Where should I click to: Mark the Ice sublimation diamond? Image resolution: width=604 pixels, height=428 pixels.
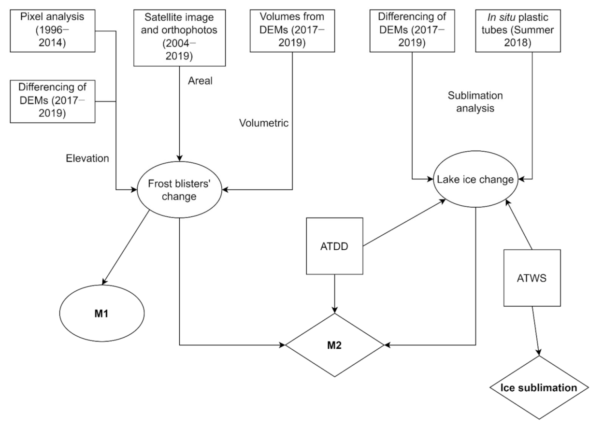[538, 388]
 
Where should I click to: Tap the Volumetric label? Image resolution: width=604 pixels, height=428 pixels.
[263, 123]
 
